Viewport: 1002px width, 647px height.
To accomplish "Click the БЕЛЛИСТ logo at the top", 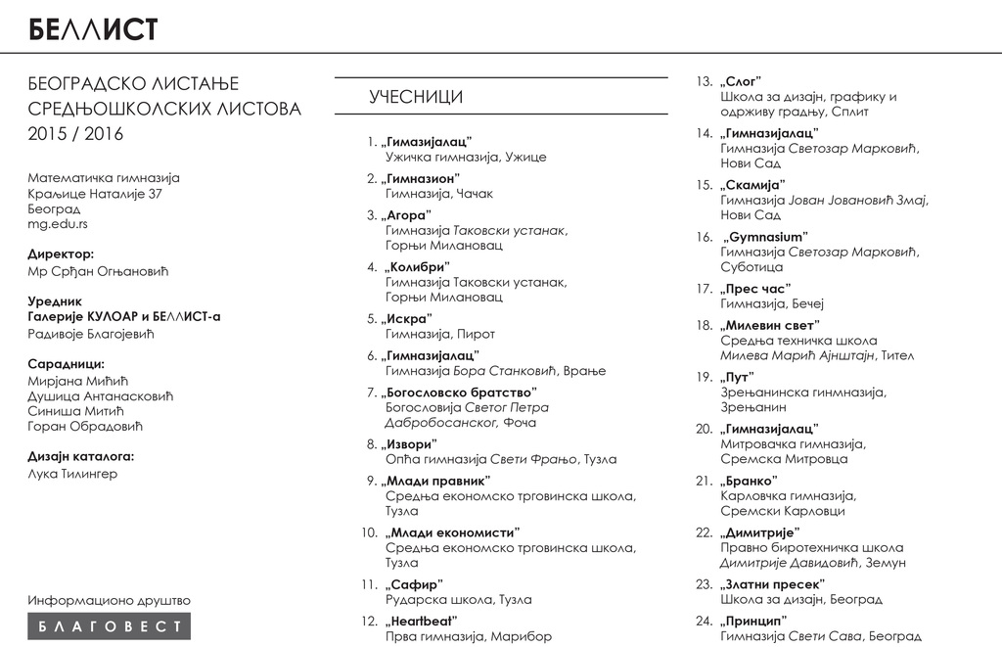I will tap(93, 28).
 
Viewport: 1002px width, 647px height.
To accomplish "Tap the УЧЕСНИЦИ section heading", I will tap(416, 97).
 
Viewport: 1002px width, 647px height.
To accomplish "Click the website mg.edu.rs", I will tap(58, 224).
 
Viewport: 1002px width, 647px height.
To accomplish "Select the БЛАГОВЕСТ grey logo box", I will tap(109, 626).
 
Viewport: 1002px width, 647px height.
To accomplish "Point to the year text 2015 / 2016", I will tap(76, 134).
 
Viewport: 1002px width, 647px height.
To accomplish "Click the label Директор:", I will tap(61, 254).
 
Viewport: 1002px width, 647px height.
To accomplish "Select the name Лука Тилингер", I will tap(72, 474).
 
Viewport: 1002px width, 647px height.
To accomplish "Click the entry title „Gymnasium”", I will tap(765, 237).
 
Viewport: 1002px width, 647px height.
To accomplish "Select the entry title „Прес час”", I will tap(754, 289).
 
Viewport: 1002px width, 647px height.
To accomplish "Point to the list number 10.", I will tap(369, 532).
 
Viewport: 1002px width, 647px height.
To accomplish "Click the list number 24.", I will tap(704, 621).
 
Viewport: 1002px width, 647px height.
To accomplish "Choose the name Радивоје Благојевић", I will tap(91, 334).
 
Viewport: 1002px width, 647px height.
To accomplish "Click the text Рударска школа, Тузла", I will tap(445, 599).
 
